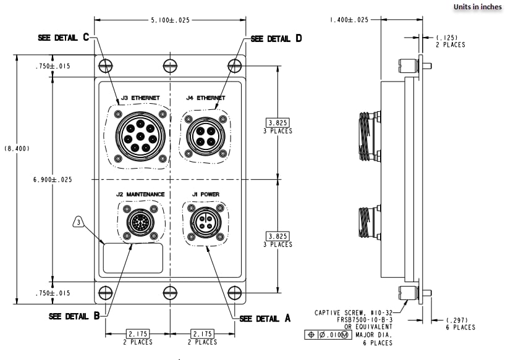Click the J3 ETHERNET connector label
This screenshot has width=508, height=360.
(140, 98)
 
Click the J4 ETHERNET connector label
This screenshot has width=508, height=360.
(205, 98)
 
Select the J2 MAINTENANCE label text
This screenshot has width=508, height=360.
(140, 195)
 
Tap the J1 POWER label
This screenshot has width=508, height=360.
(205, 195)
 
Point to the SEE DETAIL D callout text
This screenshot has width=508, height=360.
(276, 38)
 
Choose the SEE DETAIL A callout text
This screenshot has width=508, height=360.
(265, 319)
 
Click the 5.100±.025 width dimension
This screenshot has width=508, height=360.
(170, 20)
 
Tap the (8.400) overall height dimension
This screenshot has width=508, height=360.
(16, 149)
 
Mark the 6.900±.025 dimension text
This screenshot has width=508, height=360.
(53, 180)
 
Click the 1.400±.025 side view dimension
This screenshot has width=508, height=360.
(349, 20)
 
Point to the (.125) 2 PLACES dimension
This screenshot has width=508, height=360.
(450, 41)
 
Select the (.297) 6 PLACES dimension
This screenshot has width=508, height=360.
(460, 324)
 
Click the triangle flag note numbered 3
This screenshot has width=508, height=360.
(78, 220)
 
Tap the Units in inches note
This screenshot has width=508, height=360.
(478, 7)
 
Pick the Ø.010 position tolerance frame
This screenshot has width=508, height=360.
(328, 335)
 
